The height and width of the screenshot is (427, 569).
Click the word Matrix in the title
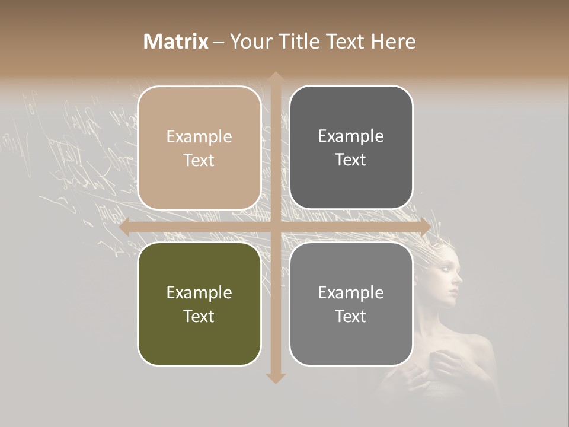176,42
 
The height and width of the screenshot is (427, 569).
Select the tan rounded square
199,148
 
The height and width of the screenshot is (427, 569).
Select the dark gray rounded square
351,147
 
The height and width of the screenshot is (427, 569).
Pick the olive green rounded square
199,304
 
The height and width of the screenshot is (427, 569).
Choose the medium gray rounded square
351,304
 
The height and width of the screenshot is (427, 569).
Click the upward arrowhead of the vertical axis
275,77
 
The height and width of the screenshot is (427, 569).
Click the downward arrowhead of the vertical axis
275,378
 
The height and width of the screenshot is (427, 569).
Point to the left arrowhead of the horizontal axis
124,227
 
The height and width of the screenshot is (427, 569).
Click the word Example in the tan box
199,136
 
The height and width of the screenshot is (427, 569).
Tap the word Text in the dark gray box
351,160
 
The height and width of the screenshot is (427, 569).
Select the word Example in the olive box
199,292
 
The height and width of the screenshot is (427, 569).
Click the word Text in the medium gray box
351,316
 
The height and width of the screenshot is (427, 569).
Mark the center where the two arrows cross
275,227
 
